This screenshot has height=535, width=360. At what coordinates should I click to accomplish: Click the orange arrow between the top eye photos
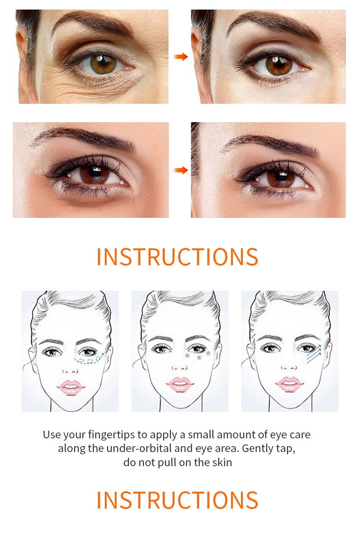coord(180,57)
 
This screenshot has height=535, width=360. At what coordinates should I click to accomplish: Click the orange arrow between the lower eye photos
coord(180,170)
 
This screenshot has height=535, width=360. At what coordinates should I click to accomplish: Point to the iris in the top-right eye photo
coord(279,65)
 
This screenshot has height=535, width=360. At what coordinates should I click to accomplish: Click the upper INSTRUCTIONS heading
coord(177,257)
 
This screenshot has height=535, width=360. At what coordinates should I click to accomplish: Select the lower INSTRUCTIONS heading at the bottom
coord(177,500)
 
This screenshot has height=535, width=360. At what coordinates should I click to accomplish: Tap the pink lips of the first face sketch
coord(71,387)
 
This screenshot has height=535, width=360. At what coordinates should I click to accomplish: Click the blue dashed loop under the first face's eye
coord(89,358)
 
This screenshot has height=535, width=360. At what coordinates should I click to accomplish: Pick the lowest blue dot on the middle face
coord(199,358)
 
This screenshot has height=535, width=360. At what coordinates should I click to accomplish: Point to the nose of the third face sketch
coord(289,367)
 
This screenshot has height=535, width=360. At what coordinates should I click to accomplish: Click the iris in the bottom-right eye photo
coord(281,178)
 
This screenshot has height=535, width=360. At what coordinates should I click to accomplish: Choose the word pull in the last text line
coord(165,463)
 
